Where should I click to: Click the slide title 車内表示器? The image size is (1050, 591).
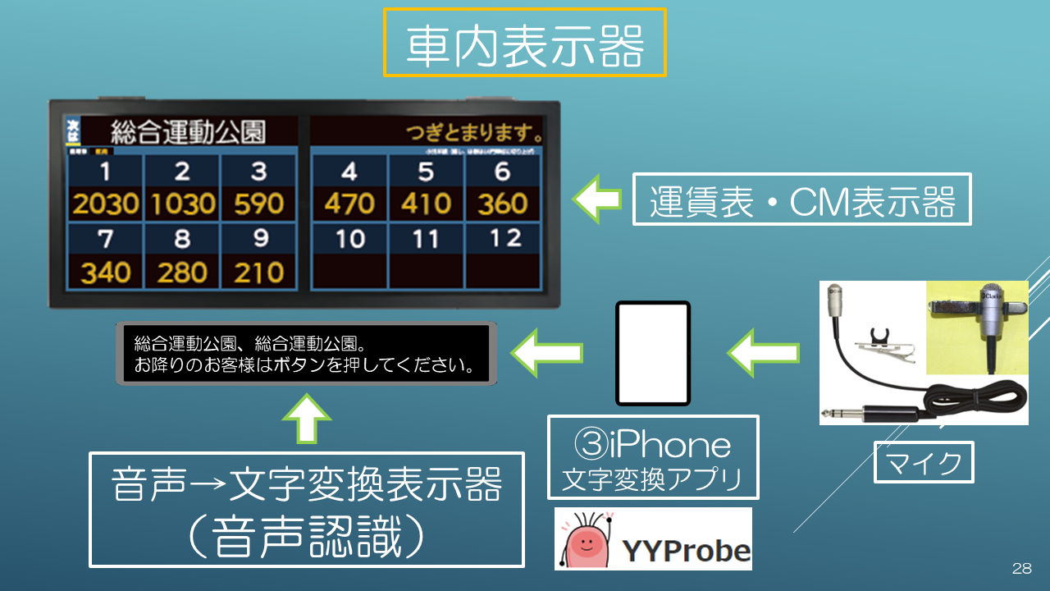(x=525, y=44)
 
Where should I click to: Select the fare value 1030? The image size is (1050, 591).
(x=182, y=204)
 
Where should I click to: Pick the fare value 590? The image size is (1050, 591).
(x=258, y=204)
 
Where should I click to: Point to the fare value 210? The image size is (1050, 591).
(x=258, y=273)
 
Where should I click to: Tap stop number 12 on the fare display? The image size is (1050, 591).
(x=502, y=239)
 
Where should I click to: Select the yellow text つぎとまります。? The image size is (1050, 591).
(x=474, y=132)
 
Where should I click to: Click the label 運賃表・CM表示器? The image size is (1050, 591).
(x=801, y=199)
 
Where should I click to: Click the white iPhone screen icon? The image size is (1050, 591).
(x=654, y=353)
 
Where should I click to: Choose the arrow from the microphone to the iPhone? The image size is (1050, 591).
(x=762, y=354)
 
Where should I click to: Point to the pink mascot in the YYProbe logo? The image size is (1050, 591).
(x=587, y=541)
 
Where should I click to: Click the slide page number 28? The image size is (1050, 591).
(x=1021, y=568)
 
